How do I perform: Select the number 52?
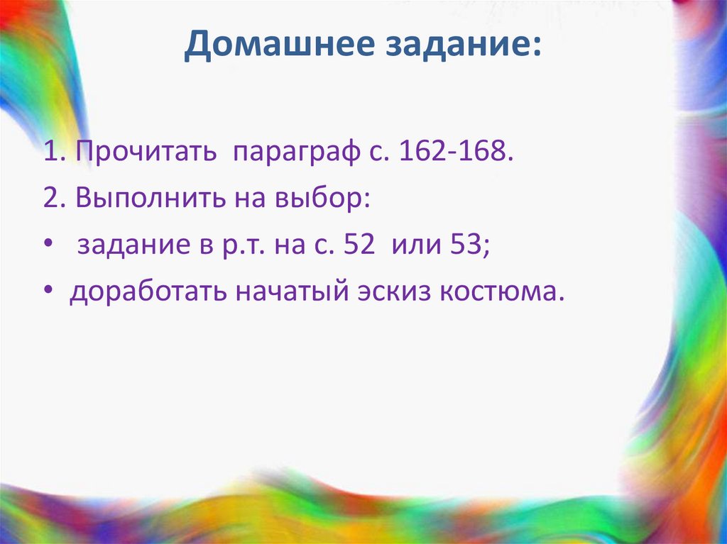[359, 245]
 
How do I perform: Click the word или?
[419, 246]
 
